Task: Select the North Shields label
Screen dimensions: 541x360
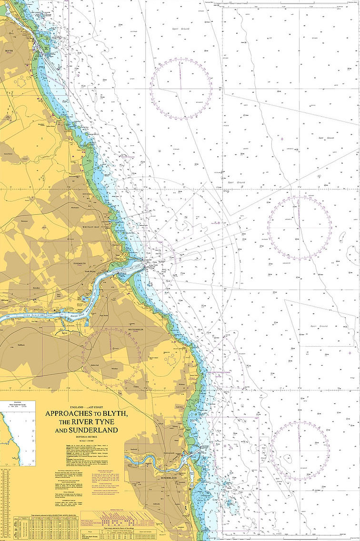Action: [x=90, y=271]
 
